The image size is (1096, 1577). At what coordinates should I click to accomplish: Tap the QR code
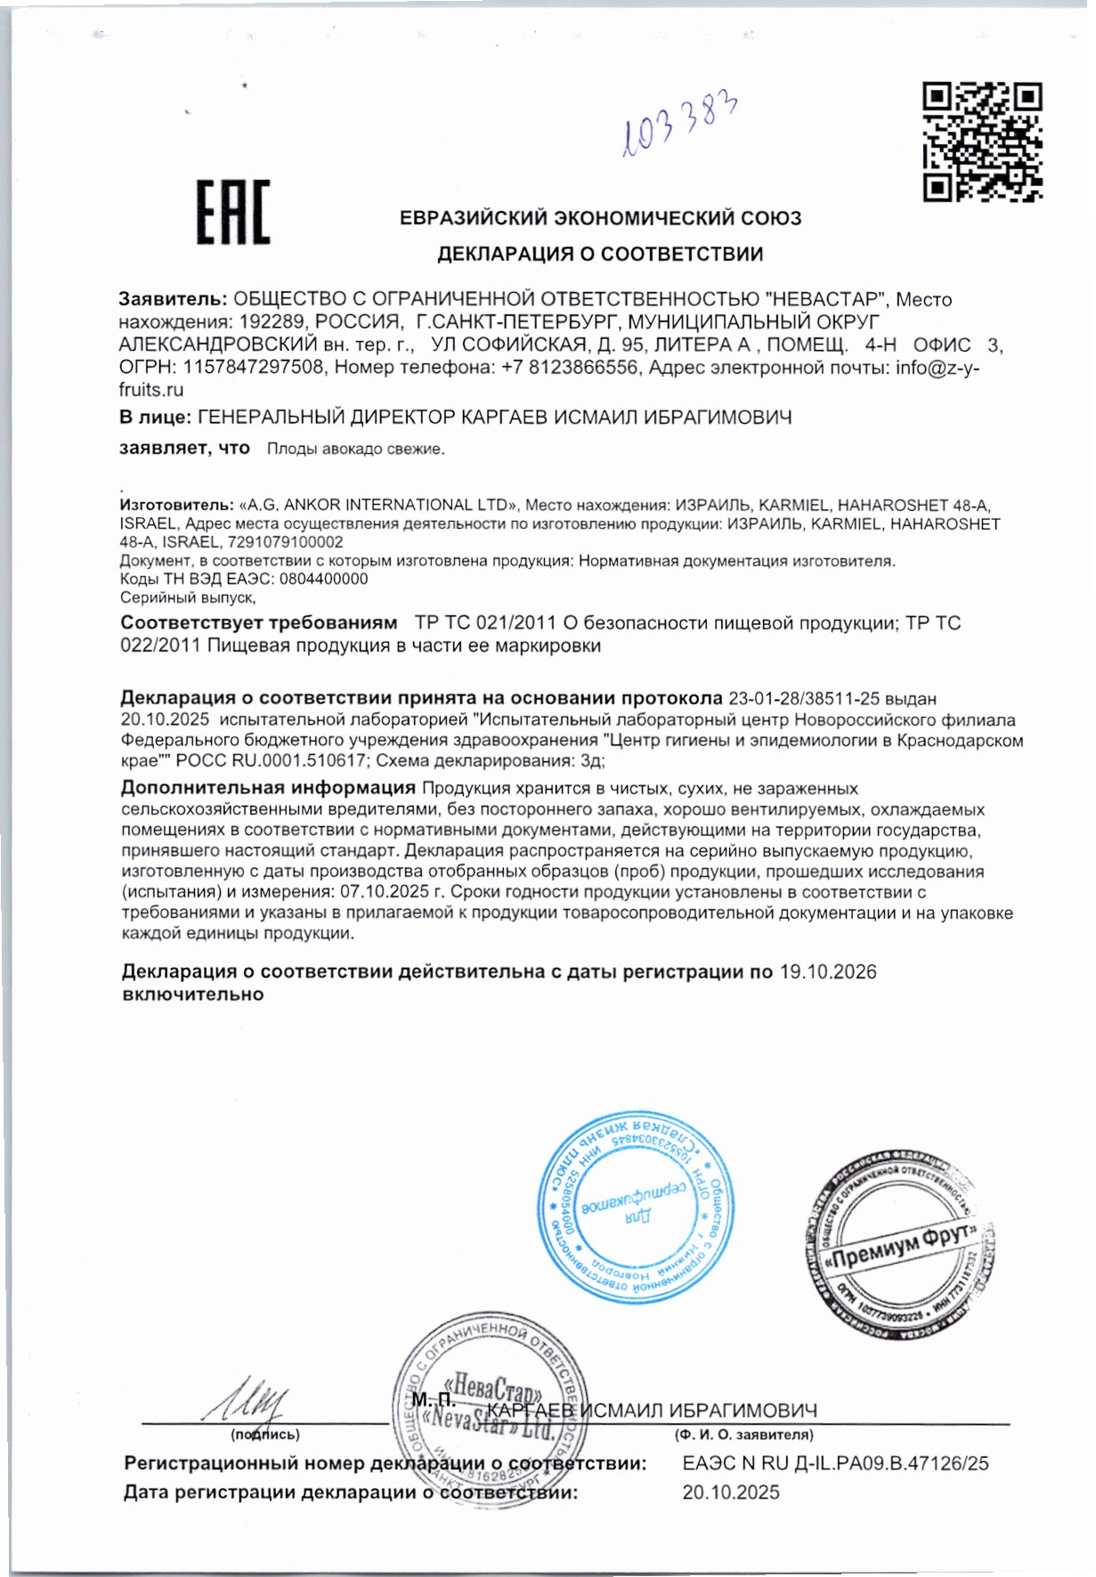point(982,142)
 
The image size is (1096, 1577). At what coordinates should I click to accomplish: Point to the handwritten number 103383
point(680,126)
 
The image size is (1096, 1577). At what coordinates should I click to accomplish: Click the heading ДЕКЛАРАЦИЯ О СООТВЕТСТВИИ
point(599,254)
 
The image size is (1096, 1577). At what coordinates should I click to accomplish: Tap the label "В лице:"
point(155,417)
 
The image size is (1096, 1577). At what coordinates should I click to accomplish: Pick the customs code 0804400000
point(323,579)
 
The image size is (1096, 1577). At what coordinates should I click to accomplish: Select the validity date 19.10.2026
point(828,971)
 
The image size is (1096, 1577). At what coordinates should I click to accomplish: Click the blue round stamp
point(636,1207)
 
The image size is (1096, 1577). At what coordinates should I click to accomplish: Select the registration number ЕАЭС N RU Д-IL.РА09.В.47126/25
point(835,1463)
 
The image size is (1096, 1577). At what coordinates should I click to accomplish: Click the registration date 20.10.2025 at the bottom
point(730,1492)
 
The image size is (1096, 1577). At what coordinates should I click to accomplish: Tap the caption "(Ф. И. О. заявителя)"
point(743,1435)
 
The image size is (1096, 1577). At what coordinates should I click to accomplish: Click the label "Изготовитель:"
point(177,505)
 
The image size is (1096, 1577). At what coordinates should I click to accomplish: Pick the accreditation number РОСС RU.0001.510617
point(271,760)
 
